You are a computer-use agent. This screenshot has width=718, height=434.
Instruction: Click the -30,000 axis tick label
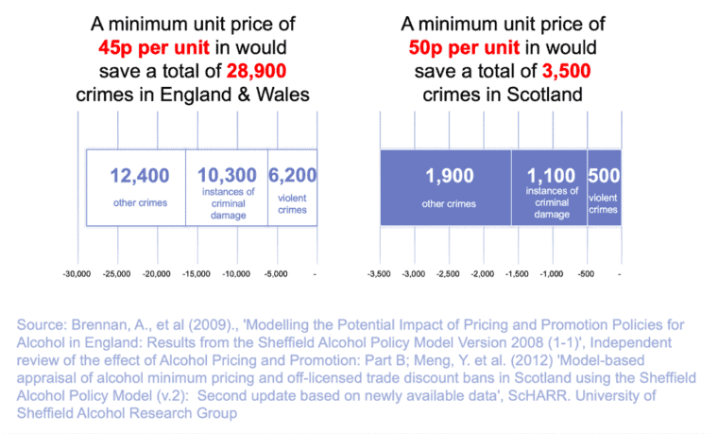coord(77,274)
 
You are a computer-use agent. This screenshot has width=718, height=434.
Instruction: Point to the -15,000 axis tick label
coord(197,274)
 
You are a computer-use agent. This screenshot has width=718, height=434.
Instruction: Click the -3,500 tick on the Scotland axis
coord(380,274)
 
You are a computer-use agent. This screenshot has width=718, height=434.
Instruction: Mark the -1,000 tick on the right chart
coord(552,274)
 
